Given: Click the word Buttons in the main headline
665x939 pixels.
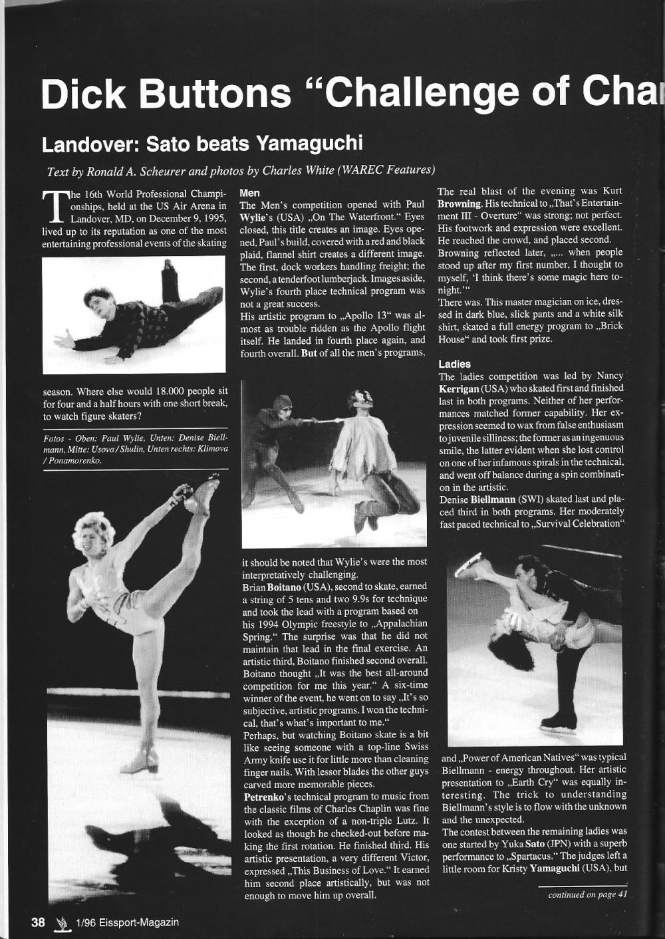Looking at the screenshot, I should pyautogui.click(x=215, y=93).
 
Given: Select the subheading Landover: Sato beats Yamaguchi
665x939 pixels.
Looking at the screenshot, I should pyautogui.click(x=202, y=143).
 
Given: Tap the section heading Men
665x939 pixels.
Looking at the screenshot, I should pyautogui.click(x=249, y=193).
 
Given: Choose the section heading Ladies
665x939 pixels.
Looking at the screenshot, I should pyautogui.click(x=454, y=364).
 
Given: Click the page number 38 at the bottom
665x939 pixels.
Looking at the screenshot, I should pyautogui.click(x=38, y=922).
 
